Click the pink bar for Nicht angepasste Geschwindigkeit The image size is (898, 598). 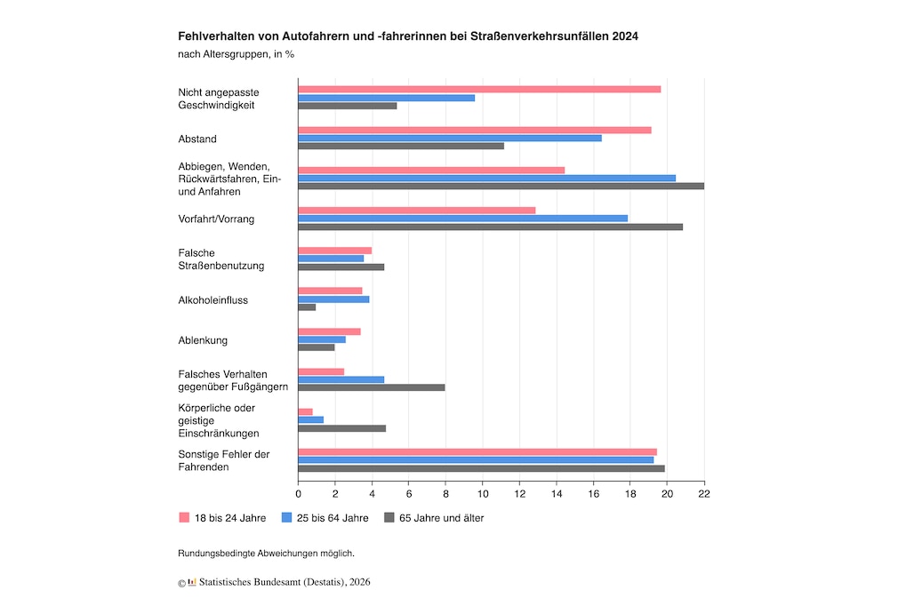point(478,89)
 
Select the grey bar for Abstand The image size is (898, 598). point(400,146)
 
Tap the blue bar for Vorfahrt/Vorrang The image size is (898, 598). point(462,219)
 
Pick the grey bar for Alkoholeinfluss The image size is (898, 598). point(307,307)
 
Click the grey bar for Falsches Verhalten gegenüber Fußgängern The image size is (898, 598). point(371,387)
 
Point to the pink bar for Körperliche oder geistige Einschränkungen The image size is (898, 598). point(305,411)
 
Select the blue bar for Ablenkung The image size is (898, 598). point(321,339)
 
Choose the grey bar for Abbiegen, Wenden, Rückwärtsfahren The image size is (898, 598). point(501,186)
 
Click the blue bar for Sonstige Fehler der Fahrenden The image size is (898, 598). point(476,460)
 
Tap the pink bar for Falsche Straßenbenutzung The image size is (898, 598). point(334,251)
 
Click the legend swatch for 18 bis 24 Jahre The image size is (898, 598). point(184,517)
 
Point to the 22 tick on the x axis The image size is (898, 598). point(704,492)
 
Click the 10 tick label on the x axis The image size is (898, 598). point(483,492)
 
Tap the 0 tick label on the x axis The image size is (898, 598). point(298,492)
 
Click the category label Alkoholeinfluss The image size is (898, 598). point(212,300)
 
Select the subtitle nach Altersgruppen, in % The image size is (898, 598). point(236,54)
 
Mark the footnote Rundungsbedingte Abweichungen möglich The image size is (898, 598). point(266,553)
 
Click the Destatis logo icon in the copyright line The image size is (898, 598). point(192,582)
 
